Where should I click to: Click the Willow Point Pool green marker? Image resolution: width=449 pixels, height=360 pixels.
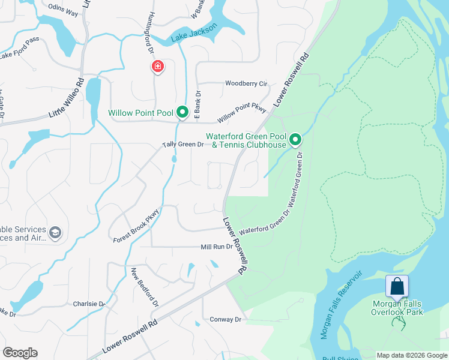(x=182, y=112)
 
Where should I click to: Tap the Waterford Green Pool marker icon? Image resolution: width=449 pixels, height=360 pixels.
(x=295, y=140)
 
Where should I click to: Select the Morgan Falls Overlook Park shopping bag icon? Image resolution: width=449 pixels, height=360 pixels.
(x=397, y=286)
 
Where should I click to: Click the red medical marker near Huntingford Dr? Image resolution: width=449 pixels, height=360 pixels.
(x=157, y=66)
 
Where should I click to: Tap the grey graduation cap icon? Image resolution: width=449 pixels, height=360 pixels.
(x=55, y=233)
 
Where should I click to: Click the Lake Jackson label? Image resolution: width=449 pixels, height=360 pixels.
(x=193, y=37)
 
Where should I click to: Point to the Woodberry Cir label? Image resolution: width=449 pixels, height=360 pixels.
(x=246, y=83)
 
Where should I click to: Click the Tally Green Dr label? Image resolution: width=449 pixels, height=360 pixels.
(x=183, y=145)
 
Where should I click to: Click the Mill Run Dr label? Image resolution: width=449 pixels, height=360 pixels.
(x=216, y=247)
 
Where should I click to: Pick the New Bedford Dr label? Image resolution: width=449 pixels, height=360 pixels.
(x=145, y=287)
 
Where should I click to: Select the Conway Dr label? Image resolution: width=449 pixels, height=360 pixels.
(x=225, y=320)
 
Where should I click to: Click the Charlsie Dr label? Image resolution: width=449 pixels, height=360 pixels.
(x=89, y=304)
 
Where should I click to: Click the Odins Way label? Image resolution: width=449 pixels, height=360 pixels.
(x=64, y=13)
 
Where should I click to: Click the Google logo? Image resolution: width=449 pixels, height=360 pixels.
(x=20, y=353)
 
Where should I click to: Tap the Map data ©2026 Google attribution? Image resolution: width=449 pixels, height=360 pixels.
(x=411, y=355)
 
